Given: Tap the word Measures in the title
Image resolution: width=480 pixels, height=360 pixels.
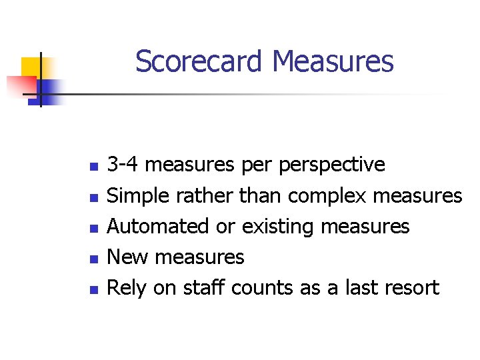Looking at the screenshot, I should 333,62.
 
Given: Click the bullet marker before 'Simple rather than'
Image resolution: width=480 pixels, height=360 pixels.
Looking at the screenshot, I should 94,197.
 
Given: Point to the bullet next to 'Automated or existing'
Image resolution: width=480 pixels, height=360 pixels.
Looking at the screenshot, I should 94,228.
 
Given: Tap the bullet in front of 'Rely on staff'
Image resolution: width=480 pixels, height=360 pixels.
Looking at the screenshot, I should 94,289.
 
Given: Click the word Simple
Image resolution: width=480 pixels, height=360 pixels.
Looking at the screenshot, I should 137,196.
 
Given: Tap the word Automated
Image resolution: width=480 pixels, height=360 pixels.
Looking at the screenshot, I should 158,227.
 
